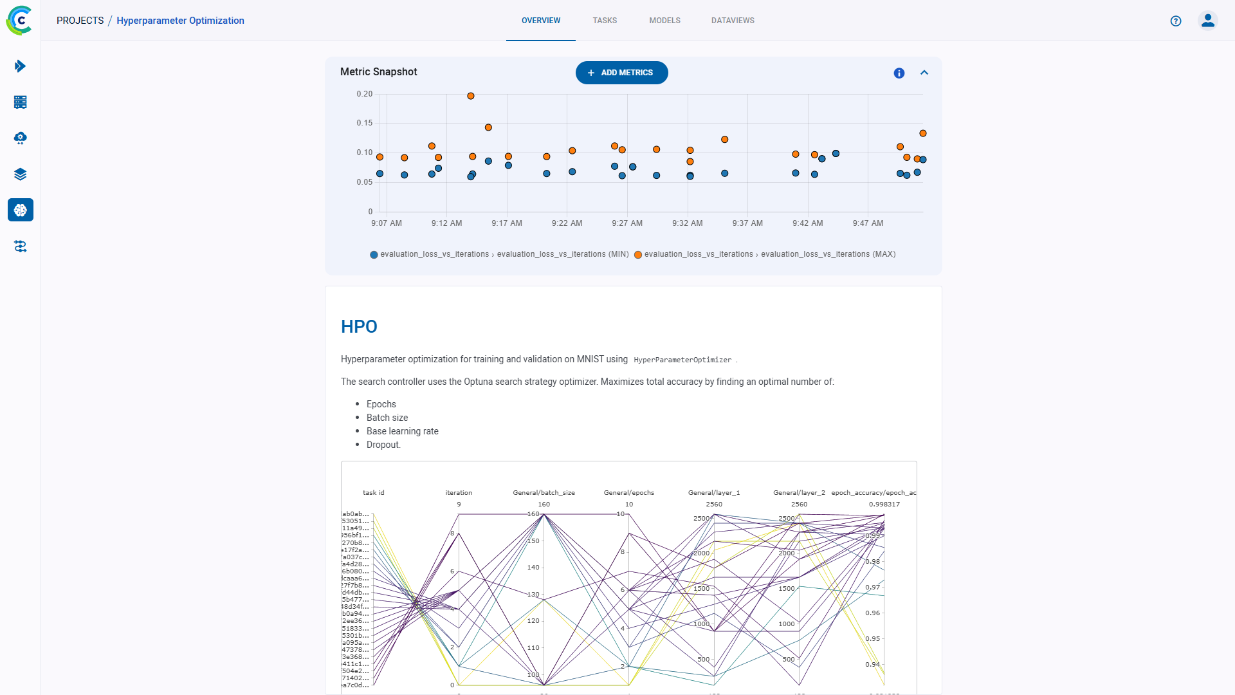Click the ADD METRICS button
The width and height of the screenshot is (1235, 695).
coord(621,73)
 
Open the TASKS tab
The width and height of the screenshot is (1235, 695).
coord(605,21)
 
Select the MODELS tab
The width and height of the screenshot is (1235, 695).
coord(664,21)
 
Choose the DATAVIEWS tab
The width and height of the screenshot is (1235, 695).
coord(733,21)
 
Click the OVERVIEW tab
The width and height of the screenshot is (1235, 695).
coord(540,21)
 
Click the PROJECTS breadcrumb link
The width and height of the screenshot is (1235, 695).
coord(80,21)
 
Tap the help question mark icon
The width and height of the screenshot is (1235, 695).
coord(1176,21)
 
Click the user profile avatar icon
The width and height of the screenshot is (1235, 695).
coord(1208,21)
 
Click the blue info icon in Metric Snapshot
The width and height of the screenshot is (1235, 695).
coord(899,73)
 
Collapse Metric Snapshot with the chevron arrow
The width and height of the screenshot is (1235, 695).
coord(924,73)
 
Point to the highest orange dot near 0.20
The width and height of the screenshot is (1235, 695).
coord(471,96)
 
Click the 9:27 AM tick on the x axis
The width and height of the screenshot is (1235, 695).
coord(627,223)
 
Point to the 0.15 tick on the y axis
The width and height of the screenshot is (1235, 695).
coord(365,123)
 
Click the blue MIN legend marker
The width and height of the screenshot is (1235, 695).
coord(374,255)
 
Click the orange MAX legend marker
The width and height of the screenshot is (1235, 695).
coord(638,255)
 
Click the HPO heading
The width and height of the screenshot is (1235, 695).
coord(359,327)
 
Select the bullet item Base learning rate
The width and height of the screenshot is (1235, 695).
coord(402,431)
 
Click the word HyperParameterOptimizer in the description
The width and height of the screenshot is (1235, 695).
coord(682,360)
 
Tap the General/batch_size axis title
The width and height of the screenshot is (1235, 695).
coord(544,493)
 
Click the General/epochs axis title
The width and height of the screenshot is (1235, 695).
coord(628,493)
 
